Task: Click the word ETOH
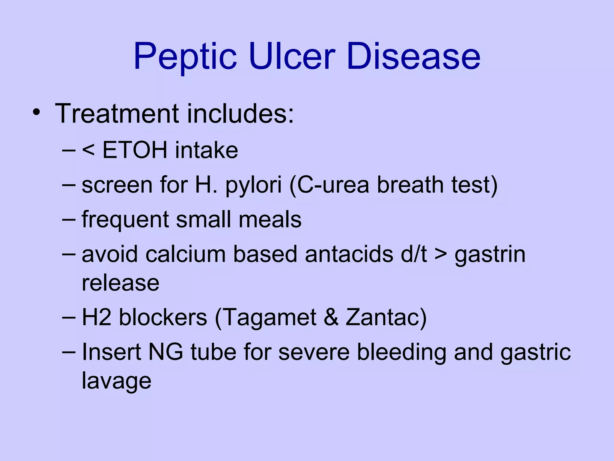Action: pos(135,150)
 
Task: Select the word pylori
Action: pos(254,185)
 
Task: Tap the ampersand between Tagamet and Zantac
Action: pos(331,317)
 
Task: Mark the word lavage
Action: pos(117,381)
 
